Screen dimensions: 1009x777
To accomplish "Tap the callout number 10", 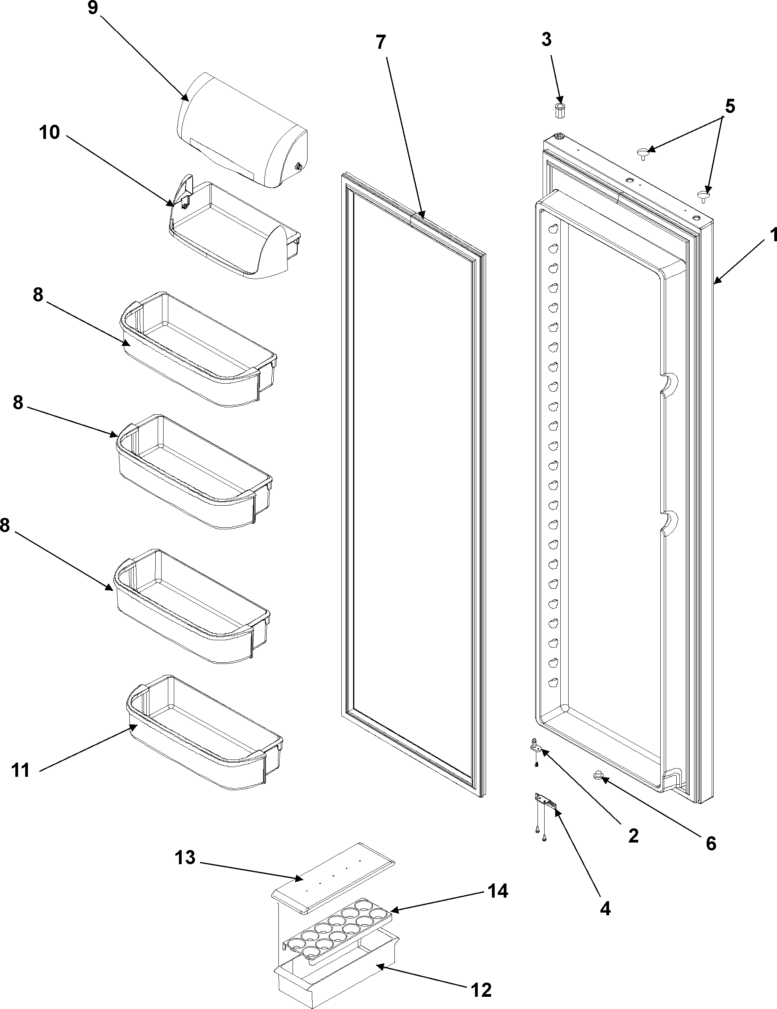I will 50,133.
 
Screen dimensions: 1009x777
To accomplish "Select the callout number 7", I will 380,43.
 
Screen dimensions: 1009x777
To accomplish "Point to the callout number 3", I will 546,40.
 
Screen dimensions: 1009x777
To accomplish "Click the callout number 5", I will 729,107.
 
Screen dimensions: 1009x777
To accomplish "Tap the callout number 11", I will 21,770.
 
